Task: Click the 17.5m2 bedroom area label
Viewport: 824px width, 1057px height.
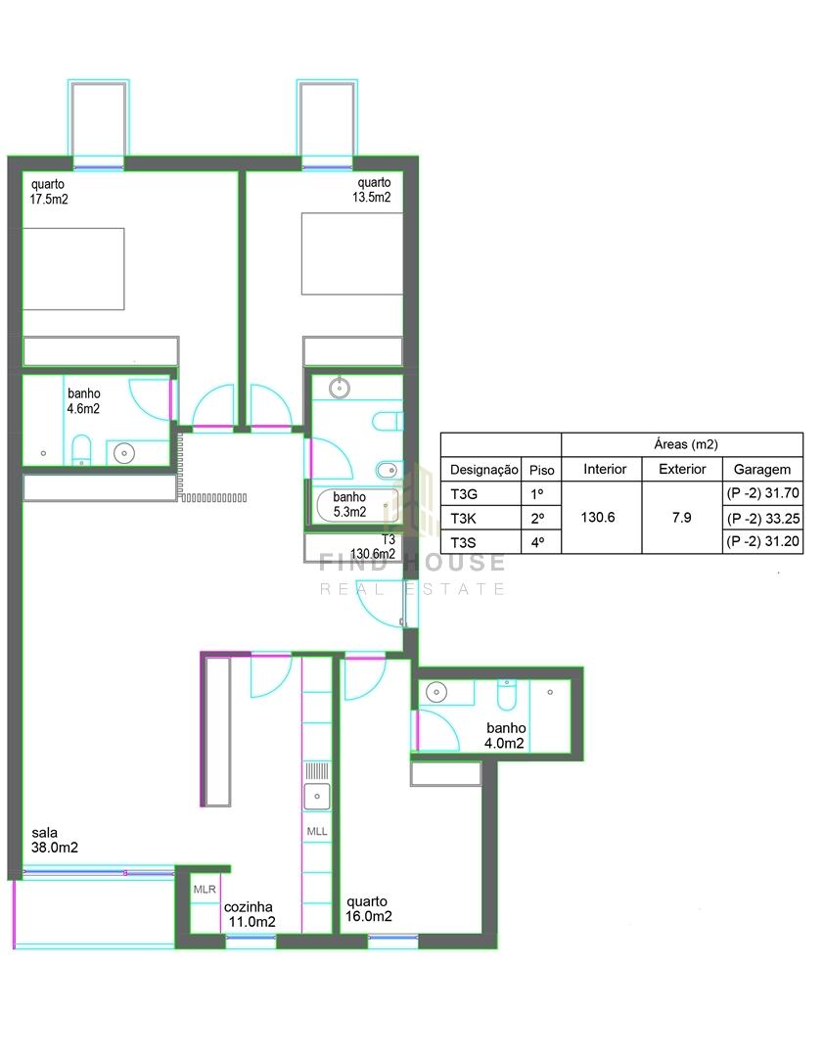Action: click(49, 192)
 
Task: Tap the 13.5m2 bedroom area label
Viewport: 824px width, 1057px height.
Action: click(372, 190)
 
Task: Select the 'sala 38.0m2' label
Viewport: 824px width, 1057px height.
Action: click(55, 840)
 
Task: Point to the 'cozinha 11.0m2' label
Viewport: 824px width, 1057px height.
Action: click(250, 914)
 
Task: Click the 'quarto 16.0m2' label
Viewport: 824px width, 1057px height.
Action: click(368, 908)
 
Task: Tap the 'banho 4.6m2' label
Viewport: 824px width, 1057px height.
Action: click(83, 400)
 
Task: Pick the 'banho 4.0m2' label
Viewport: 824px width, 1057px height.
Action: click(505, 735)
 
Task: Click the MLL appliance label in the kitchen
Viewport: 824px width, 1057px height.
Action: click(317, 831)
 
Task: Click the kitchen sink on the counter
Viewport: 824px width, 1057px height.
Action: click(317, 796)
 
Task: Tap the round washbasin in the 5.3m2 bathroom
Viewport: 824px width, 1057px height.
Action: click(340, 388)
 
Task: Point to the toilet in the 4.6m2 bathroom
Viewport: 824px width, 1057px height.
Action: click(81, 449)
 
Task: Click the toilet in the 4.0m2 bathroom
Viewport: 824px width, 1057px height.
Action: click(507, 694)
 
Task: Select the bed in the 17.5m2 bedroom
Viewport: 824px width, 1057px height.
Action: click(73, 269)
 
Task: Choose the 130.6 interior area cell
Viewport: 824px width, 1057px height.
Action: click(598, 517)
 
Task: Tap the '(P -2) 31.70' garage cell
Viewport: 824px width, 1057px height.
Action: click(762, 493)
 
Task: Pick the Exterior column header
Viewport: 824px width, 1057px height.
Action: click(682, 469)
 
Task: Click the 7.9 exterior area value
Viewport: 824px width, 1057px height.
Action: click(682, 517)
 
